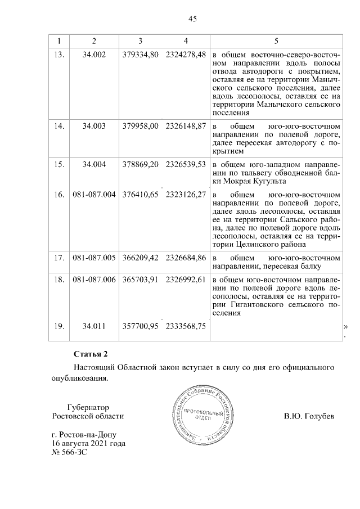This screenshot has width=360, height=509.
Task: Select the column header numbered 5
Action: (276, 41)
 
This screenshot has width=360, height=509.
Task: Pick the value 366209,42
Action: (141, 258)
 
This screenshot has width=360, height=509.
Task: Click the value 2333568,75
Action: (186, 326)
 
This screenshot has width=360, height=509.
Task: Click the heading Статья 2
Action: (91, 354)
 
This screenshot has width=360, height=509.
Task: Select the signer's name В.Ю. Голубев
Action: (309, 417)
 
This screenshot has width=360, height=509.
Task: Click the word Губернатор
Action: (87, 407)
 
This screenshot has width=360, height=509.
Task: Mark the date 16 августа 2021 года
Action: (88, 444)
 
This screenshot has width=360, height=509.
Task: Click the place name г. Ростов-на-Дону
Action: (87, 435)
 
